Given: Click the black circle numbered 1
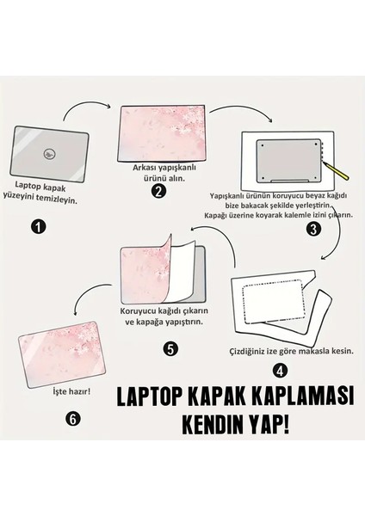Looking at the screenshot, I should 37,227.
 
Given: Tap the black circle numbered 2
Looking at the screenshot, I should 158,191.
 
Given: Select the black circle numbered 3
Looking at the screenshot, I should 313,229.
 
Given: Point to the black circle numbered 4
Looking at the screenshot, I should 279,372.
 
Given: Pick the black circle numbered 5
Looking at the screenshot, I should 170,349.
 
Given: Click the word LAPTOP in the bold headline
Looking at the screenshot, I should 150,396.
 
